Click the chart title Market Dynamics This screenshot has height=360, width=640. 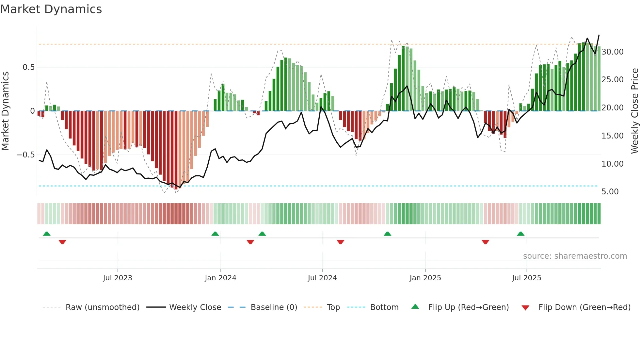pyautogui.click(x=51, y=9)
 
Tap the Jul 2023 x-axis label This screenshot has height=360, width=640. pyautogui.click(x=118, y=278)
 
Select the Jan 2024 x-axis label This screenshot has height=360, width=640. pyautogui.click(x=220, y=278)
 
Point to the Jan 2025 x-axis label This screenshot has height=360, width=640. pyautogui.click(x=425, y=278)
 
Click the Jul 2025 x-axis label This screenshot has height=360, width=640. pyautogui.click(x=526, y=278)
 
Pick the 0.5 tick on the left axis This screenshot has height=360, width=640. pyautogui.click(x=28, y=67)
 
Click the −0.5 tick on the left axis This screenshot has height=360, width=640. pyautogui.click(x=26, y=155)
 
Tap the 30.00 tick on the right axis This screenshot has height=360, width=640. pyautogui.click(x=612, y=52)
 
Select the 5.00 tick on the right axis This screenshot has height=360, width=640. pyautogui.click(x=610, y=192)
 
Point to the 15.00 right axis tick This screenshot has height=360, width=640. pyautogui.click(x=612, y=136)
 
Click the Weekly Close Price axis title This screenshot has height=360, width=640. pyautogui.click(x=634, y=111)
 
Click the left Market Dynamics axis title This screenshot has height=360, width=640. pyautogui.click(x=5, y=111)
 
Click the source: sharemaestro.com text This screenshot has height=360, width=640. pyautogui.click(x=575, y=256)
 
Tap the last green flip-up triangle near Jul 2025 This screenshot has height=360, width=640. pyautogui.click(x=520, y=234)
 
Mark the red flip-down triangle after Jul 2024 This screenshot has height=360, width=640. pyautogui.click(x=340, y=242)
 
